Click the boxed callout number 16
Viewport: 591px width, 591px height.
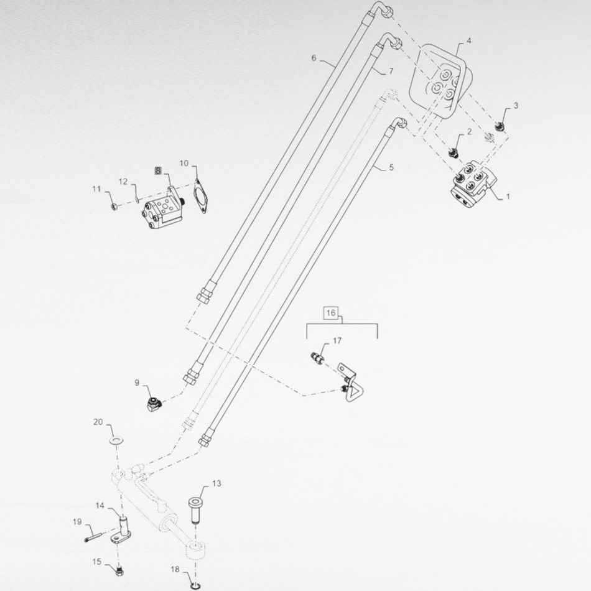tap(330, 312)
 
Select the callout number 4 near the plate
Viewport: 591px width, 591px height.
tap(468, 40)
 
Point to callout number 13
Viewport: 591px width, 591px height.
tap(216, 483)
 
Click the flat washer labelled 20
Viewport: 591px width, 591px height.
tap(116, 440)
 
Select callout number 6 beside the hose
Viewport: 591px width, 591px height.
tap(314, 58)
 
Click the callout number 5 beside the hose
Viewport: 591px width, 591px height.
tap(391, 167)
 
